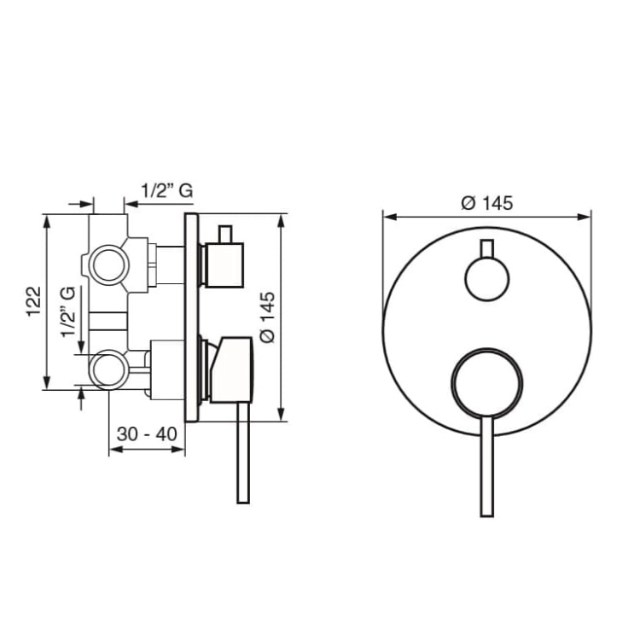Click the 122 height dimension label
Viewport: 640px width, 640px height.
(x=34, y=301)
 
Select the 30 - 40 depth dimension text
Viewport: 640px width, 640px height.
(x=147, y=433)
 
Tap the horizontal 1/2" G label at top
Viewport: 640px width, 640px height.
(x=167, y=191)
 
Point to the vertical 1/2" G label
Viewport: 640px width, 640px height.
(x=68, y=311)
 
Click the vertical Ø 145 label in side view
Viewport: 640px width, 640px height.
(x=268, y=317)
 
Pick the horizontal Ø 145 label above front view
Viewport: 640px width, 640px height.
(x=487, y=203)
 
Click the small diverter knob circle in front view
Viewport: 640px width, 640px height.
(x=487, y=279)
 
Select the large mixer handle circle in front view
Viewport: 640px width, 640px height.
(x=487, y=383)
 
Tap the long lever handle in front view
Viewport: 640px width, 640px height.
(x=487, y=467)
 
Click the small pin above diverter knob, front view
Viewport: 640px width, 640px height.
(x=487, y=248)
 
